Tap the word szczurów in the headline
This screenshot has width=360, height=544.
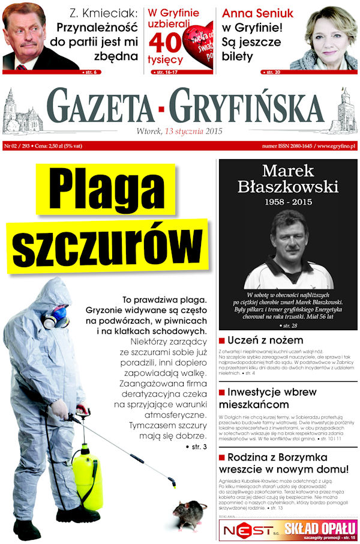[x=106, y=245]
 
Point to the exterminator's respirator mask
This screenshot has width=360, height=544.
[x=56, y=316]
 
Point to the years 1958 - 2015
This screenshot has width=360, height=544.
[x=288, y=202]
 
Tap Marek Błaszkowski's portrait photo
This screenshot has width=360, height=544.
[x=288, y=249]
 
